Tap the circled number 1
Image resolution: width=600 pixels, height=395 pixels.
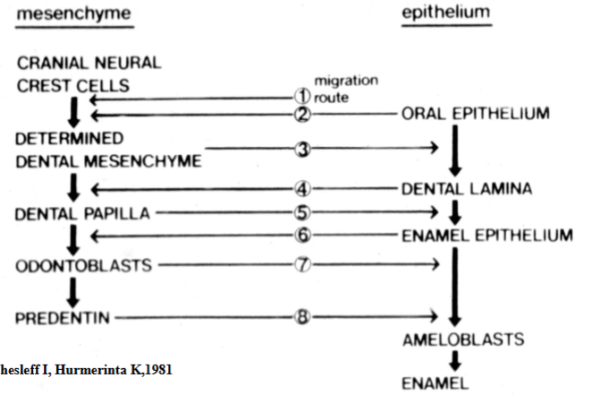tap(302, 96)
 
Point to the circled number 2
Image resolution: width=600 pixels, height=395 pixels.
tap(302, 114)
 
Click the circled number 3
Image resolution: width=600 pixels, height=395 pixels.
tap(302, 150)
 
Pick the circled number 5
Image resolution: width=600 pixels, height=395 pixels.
tap(302, 212)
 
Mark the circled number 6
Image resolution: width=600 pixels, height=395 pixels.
tap(302, 236)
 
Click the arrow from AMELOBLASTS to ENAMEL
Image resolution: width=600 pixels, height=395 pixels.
tap(455, 360)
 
